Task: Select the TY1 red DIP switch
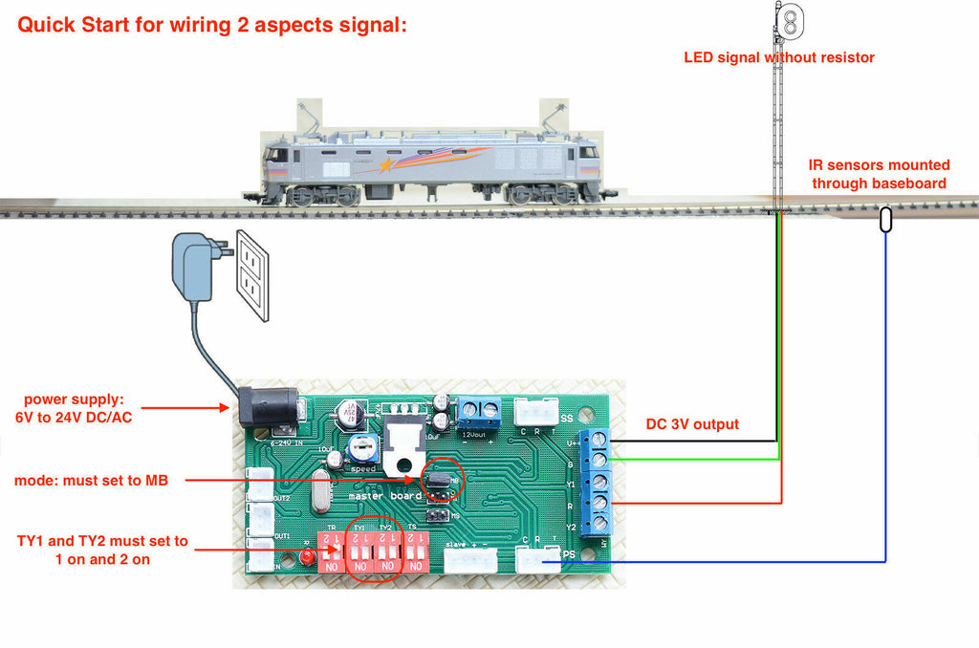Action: [x=359, y=553]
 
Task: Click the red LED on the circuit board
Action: [x=308, y=556]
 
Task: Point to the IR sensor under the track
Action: [x=885, y=220]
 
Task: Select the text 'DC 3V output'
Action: [x=692, y=424]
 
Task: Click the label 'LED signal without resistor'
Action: [x=778, y=57]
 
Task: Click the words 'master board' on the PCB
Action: [x=384, y=496]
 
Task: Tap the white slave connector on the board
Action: [x=470, y=560]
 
